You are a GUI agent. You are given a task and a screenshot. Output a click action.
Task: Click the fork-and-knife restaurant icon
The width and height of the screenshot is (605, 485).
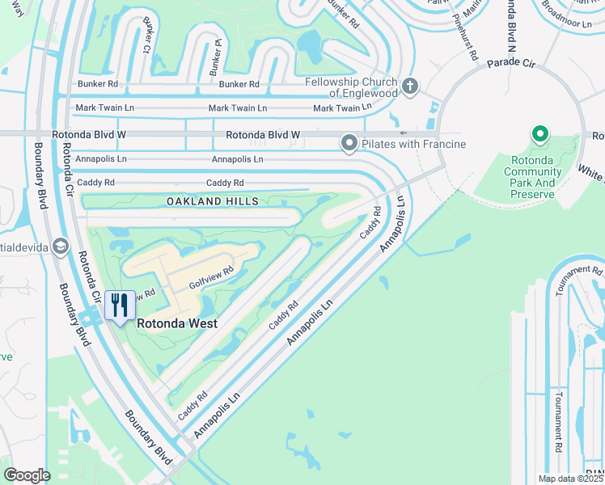click(x=120, y=306)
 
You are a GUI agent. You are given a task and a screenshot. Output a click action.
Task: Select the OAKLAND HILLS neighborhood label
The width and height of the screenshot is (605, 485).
click(x=213, y=200)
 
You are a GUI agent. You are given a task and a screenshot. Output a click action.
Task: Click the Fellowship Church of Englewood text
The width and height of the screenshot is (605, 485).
click(x=351, y=87)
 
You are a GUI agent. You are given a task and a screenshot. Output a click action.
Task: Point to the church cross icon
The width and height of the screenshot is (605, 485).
click(x=410, y=86)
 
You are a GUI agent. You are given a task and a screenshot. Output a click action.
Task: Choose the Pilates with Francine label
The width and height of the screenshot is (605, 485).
click(x=414, y=144)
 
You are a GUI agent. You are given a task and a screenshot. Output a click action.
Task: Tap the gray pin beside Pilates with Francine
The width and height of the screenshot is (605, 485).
click(x=349, y=144)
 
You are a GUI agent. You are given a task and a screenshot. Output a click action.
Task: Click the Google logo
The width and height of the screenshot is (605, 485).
click(x=27, y=474)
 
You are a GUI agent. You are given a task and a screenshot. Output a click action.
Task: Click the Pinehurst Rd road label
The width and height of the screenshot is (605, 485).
click(x=467, y=35)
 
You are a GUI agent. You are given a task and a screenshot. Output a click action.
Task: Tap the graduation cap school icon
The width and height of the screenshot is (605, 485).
click(x=61, y=247)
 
